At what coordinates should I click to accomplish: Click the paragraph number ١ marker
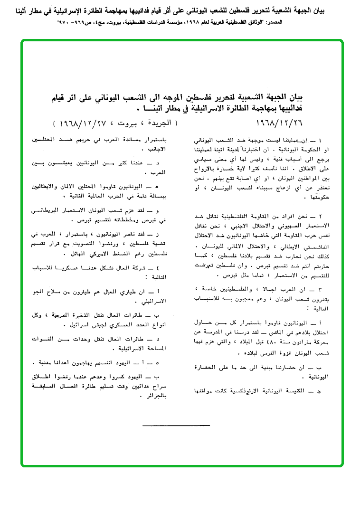point(319,142)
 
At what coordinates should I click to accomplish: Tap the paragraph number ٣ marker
point(319,289)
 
